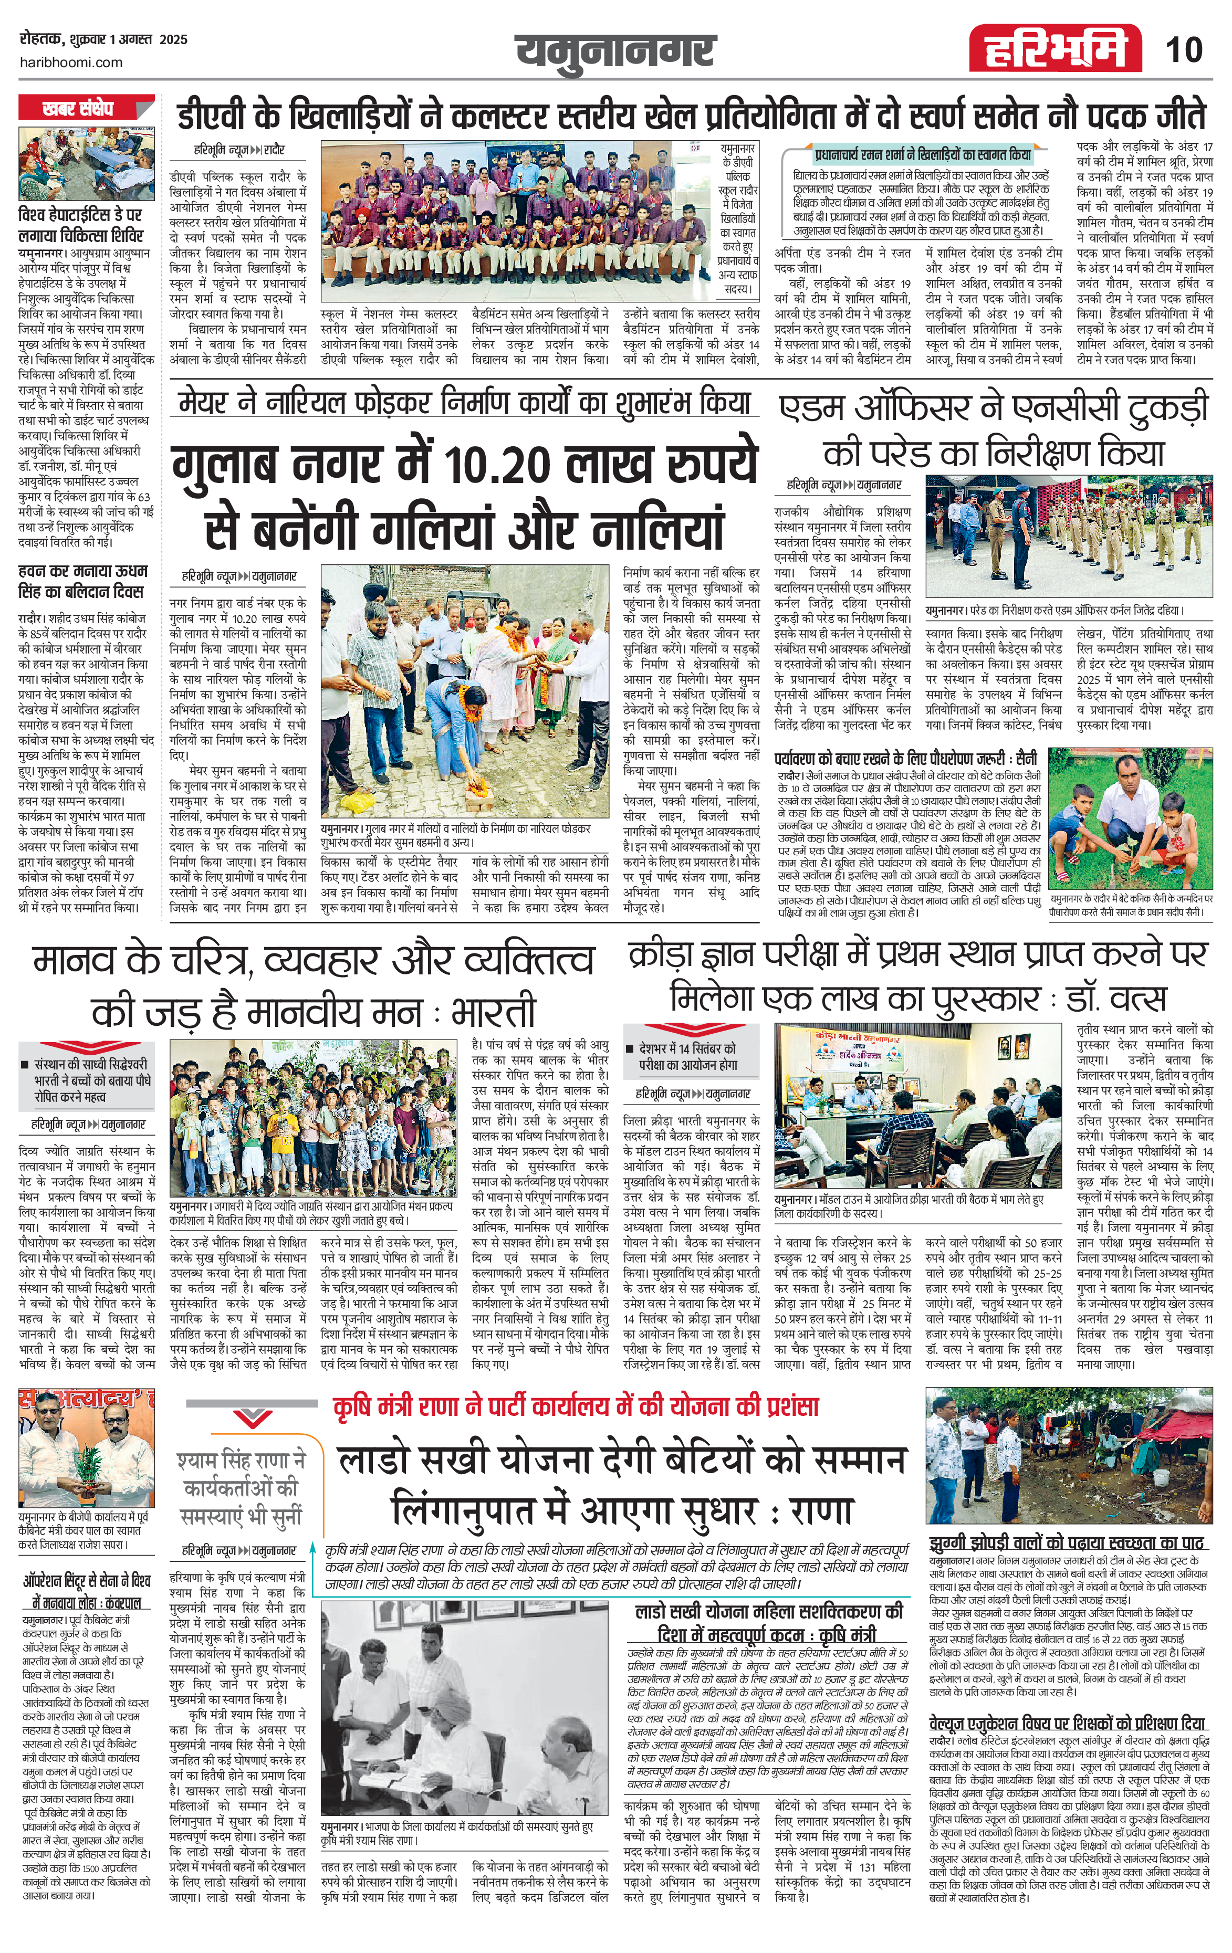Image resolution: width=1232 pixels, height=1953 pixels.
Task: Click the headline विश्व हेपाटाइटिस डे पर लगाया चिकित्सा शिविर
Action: (81, 225)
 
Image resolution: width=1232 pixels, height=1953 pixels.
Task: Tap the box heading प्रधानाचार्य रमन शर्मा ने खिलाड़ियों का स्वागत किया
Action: (922, 155)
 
